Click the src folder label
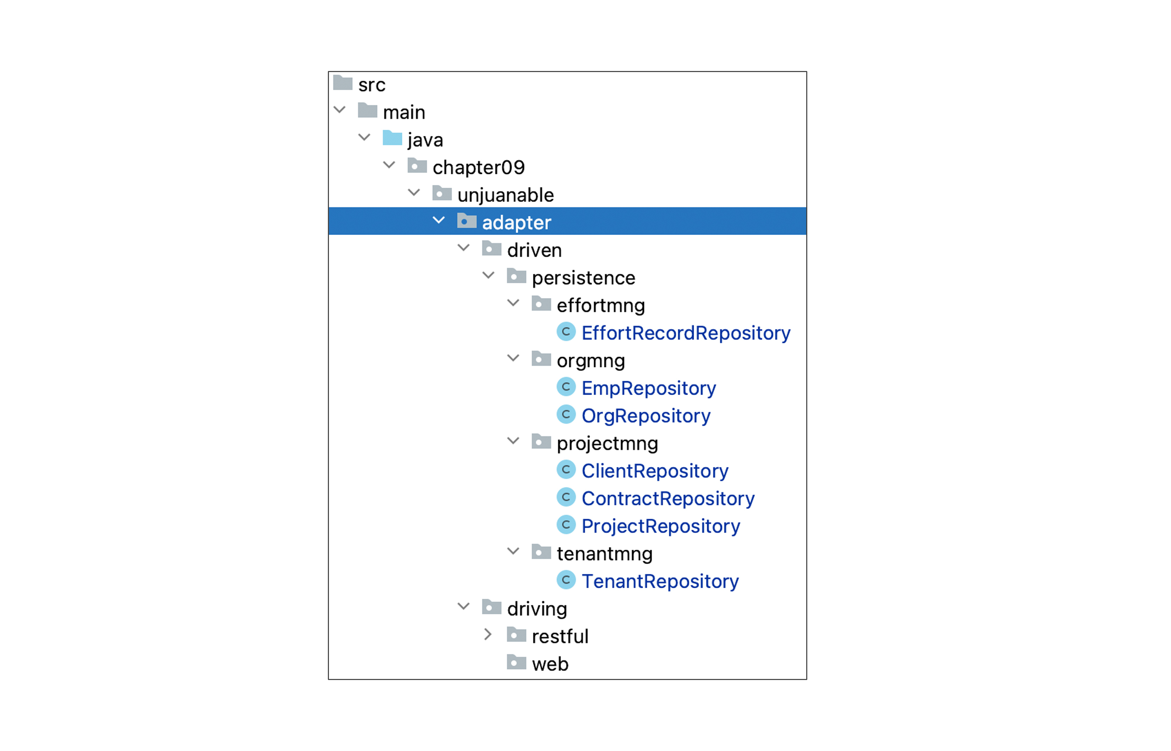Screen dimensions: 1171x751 click(x=372, y=85)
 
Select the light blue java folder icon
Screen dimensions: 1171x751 click(x=392, y=138)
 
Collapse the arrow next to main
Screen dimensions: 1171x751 click(x=340, y=110)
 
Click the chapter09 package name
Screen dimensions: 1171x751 click(x=478, y=167)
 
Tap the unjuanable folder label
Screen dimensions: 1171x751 click(x=506, y=195)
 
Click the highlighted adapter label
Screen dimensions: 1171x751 click(x=516, y=223)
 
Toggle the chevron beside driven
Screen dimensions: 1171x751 click(x=464, y=248)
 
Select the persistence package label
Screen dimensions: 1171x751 click(x=584, y=278)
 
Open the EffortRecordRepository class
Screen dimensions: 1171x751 click(x=686, y=333)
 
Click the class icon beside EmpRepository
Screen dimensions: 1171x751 click(x=566, y=387)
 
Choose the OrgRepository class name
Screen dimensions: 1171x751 click(x=646, y=416)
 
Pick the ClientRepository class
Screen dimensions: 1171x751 click(x=655, y=471)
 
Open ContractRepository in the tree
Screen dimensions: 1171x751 click(x=668, y=498)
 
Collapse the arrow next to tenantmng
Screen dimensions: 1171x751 click(x=513, y=551)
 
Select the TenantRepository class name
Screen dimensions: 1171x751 click(x=660, y=581)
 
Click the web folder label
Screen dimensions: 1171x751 click(x=550, y=664)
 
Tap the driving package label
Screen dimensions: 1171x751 click(x=537, y=609)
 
